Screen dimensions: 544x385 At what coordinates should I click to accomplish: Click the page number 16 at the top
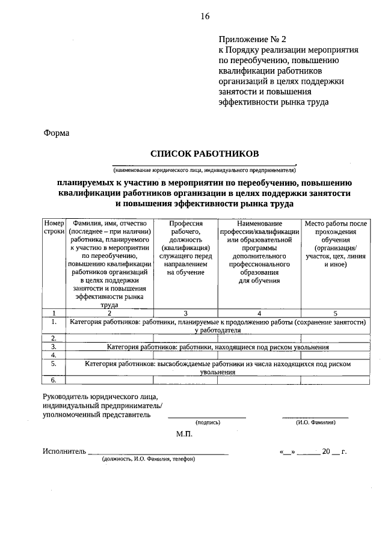pos(205,17)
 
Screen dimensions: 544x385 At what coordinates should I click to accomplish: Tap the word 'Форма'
pos(57,133)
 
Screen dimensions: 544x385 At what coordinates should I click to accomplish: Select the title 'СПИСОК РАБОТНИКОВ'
pos(205,154)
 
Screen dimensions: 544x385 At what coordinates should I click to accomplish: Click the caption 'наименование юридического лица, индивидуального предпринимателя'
pos(205,170)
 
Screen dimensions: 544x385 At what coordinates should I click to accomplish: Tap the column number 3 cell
pos(185,313)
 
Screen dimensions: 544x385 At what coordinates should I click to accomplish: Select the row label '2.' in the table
pos(54,338)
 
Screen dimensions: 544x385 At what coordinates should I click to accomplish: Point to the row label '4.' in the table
pos(54,355)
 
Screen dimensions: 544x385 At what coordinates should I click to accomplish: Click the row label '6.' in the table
pos(54,380)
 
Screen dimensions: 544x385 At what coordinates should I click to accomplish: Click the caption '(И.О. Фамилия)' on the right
pos(316,423)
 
